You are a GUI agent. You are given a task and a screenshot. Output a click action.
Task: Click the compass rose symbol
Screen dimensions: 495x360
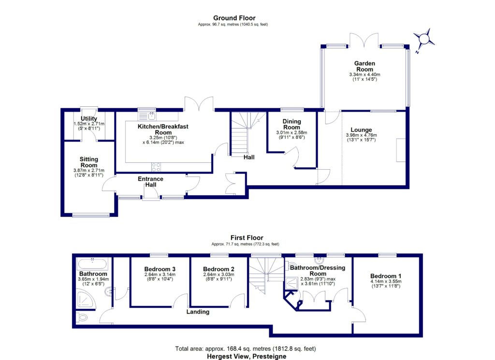click(424, 40)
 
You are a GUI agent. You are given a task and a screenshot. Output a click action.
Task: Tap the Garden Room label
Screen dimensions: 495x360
click(364, 66)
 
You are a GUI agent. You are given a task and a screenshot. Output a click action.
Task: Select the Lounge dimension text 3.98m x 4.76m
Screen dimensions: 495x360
click(361, 135)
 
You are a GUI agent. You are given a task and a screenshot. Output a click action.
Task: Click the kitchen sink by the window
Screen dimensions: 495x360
click(146, 116)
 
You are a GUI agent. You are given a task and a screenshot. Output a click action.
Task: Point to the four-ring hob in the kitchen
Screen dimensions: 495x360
click(156, 167)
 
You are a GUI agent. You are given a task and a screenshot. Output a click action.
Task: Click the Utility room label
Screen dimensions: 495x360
click(89, 119)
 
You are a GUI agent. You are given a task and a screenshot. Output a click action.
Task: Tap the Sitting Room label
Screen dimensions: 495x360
click(89, 162)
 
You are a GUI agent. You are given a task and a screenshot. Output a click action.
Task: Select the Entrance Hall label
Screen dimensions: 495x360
click(151, 182)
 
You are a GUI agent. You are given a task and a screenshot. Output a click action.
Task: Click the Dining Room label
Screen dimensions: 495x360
click(291, 124)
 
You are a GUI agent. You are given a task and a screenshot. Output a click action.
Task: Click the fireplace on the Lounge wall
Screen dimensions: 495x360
click(401, 150)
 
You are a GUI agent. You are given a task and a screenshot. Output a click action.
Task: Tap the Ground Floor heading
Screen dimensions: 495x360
click(234, 18)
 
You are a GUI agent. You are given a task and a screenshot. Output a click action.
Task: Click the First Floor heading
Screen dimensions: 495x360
click(247, 238)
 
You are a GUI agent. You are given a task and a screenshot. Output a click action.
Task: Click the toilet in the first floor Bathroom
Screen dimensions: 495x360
click(82, 317)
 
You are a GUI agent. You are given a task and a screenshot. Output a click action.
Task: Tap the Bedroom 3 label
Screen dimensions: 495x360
click(160, 269)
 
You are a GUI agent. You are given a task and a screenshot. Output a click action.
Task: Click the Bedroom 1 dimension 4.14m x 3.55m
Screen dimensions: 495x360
click(386, 281)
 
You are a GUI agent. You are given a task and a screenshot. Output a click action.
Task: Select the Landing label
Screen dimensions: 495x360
click(198, 312)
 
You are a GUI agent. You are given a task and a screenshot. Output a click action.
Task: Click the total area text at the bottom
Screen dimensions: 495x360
click(246, 348)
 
